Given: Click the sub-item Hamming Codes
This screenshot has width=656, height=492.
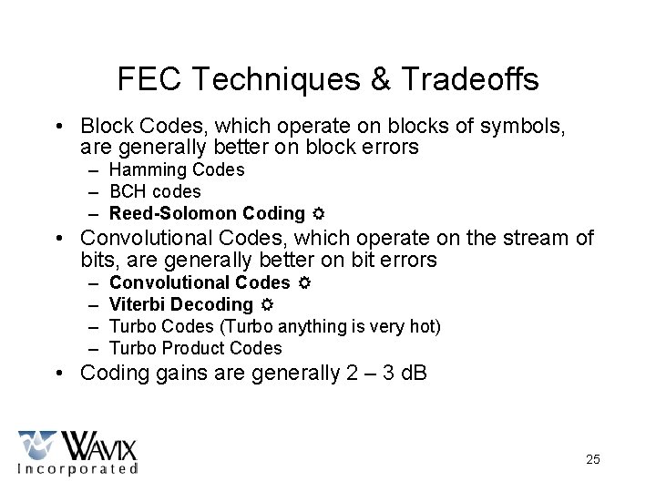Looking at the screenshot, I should click(177, 169).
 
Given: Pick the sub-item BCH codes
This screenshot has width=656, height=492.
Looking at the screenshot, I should click(155, 191).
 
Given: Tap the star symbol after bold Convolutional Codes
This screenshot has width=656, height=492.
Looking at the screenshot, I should click(302, 283).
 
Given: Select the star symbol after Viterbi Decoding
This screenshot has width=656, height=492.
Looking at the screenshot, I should click(265, 305).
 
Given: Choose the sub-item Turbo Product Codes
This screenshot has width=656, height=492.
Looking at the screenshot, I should click(195, 348).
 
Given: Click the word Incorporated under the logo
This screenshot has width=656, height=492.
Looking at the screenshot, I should click(77, 468).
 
